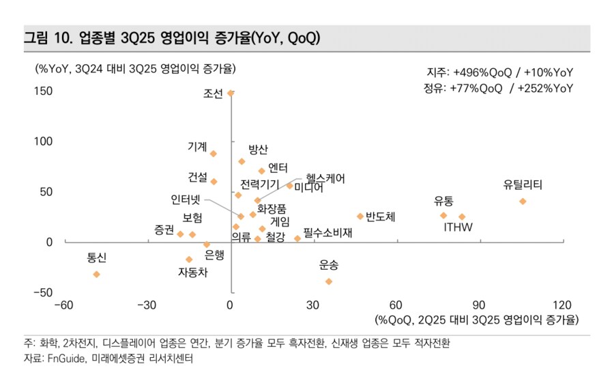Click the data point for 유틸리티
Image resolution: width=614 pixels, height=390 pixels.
[523, 201]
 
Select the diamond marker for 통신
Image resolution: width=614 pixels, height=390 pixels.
[97, 274]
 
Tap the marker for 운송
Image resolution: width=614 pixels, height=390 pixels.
[329, 281]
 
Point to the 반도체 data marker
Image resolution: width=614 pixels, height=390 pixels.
[360, 217]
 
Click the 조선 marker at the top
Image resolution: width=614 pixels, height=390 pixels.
[231, 94]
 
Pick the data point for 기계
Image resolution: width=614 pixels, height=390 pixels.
[214, 154]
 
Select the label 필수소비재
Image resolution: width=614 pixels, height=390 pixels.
[327, 233]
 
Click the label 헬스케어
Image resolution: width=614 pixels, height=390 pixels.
[325, 179]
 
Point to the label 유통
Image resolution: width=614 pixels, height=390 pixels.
[443, 201]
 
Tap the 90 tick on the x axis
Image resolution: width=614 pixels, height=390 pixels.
[479, 305]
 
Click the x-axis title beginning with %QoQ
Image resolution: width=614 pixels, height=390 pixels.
[476, 320]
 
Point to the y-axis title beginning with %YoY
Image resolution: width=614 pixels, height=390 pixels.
[136, 69]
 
